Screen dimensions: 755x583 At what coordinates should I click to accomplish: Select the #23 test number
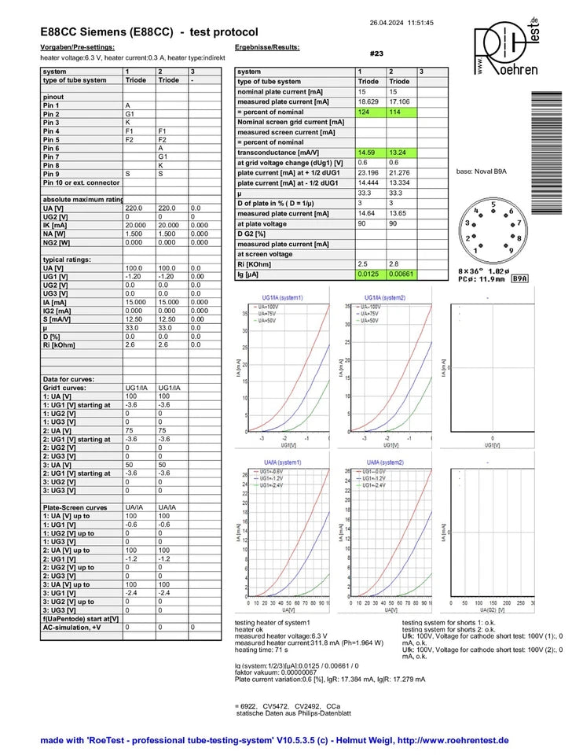pyautogui.click(x=376, y=53)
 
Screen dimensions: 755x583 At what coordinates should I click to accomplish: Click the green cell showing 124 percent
pyautogui.click(x=365, y=112)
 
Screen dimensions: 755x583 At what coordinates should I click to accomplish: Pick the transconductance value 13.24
pyautogui.click(x=398, y=153)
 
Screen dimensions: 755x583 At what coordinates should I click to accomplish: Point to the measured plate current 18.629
pyautogui.click(x=368, y=102)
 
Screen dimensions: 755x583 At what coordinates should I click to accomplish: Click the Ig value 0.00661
pyautogui.click(x=401, y=274)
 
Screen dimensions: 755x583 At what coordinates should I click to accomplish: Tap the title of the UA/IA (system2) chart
pyautogui.click(x=386, y=462)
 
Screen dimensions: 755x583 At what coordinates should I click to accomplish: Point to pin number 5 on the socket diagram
pyautogui.click(x=493, y=204)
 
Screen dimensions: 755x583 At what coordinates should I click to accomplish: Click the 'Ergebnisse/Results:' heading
pyautogui.click(x=267, y=48)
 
